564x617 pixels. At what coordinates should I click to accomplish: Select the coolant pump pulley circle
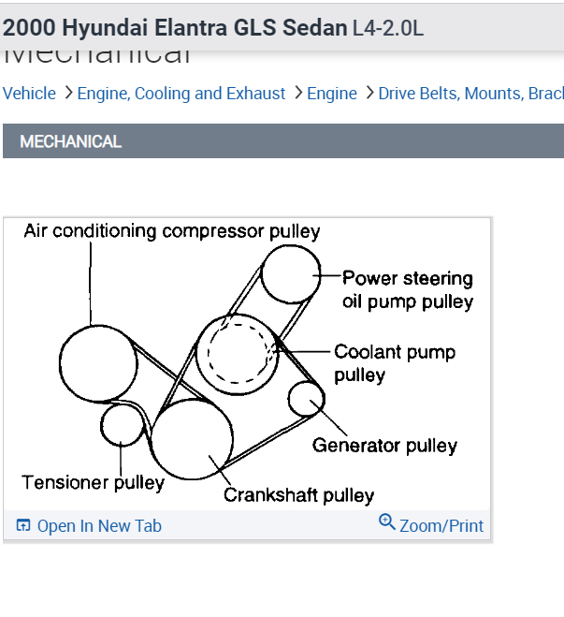pyautogui.click(x=237, y=351)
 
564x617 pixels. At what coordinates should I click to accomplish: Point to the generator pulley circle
pyautogui.click(x=306, y=399)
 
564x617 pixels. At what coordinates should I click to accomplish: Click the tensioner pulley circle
pyautogui.click(x=122, y=423)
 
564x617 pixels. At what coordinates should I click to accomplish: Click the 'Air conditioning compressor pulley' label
pyautogui.click(x=172, y=231)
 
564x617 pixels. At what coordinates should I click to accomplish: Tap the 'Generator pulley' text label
pyautogui.click(x=384, y=446)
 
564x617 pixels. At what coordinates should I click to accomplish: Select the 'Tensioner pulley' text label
pyautogui.click(x=93, y=483)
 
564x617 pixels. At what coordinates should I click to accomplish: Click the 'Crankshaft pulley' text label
pyautogui.click(x=298, y=495)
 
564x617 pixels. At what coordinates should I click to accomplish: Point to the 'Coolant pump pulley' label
pyautogui.click(x=394, y=363)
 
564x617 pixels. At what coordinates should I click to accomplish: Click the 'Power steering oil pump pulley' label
pyautogui.click(x=407, y=289)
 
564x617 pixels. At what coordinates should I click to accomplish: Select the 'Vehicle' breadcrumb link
pyautogui.click(x=29, y=94)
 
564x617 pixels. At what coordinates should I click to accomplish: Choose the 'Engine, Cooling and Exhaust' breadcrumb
pyautogui.click(x=181, y=94)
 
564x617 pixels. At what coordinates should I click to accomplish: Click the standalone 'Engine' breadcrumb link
pyautogui.click(x=332, y=94)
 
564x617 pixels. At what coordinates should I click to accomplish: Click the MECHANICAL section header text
pyautogui.click(x=71, y=141)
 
